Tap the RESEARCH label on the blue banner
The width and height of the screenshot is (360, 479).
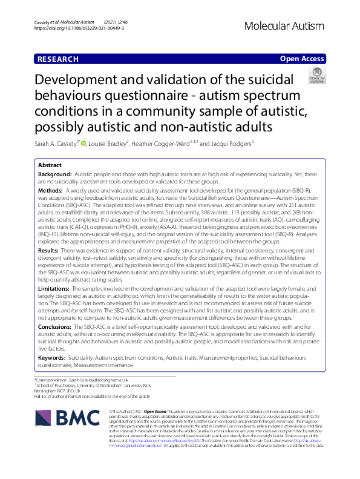58,59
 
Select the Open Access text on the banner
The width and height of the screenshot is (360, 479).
301,59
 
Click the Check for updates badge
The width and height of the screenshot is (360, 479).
316,76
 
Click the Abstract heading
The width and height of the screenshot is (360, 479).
50,165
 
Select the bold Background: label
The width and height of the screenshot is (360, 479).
55,174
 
